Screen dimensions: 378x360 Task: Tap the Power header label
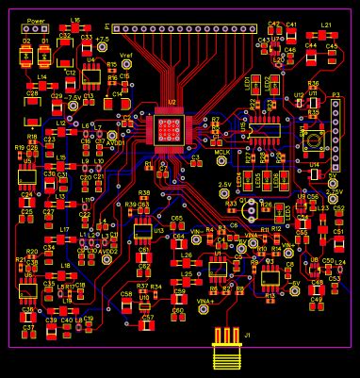pyautogui.click(x=35, y=20)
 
